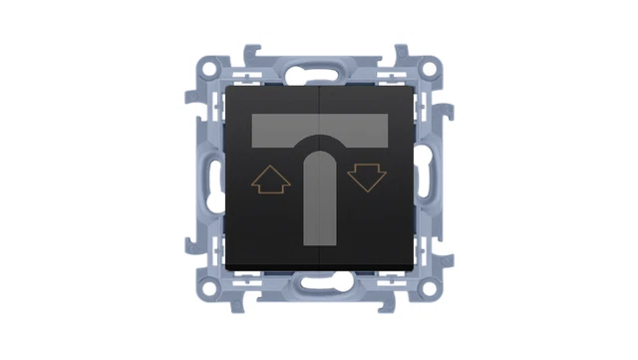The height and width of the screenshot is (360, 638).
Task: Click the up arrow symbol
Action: click(x=271, y=180)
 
